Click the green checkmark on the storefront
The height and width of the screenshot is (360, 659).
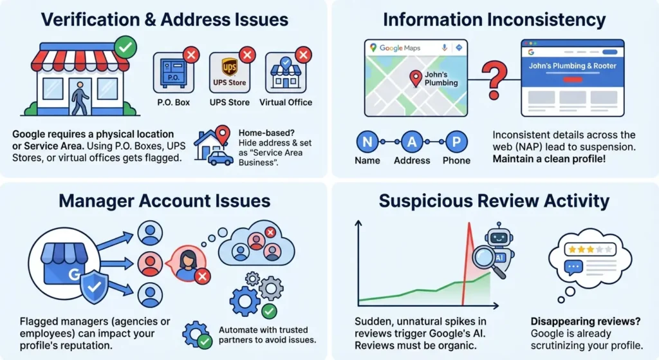[x=125, y=48]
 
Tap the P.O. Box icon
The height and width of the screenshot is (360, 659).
[x=174, y=72]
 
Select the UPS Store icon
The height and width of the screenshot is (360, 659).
[x=230, y=72]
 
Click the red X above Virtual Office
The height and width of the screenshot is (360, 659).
[x=303, y=55]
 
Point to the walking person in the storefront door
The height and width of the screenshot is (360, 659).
[x=79, y=99]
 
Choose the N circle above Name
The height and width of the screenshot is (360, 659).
[x=367, y=142]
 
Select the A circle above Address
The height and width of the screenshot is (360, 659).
[x=412, y=142]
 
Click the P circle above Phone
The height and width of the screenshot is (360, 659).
[x=456, y=142]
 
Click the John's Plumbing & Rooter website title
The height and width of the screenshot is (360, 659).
[x=572, y=66]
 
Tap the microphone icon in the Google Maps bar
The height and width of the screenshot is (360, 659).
[x=444, y=48]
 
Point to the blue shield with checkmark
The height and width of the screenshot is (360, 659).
[x=94, y=287]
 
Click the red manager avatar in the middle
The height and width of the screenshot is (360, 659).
[x=150, y=263]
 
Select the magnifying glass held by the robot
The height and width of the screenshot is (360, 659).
[x=488, y=261]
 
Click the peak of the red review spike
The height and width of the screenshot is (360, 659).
[x=469, y=223]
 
